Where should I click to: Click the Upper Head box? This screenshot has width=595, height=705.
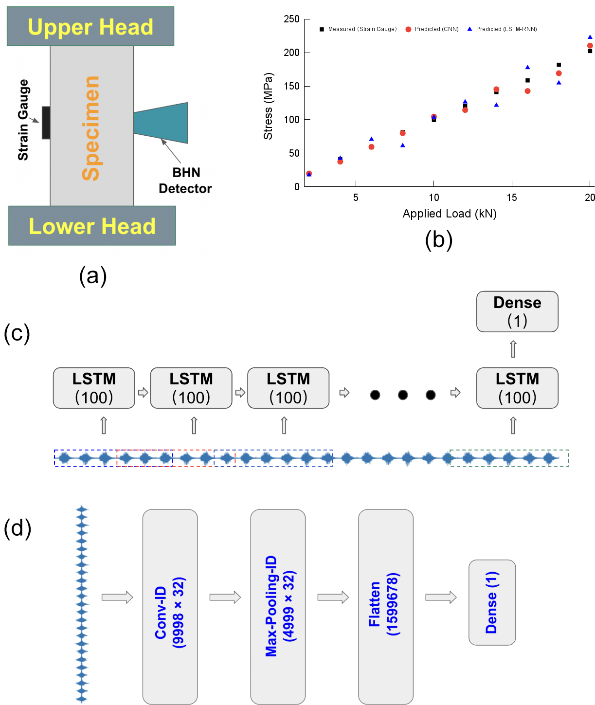coord(90,26)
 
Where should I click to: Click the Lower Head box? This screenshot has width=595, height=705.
coord(92,226)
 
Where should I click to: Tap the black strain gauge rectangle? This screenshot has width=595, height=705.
coord(46,123)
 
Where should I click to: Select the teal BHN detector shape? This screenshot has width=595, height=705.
coord(163,123)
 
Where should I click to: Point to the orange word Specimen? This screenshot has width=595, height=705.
coord(91,128)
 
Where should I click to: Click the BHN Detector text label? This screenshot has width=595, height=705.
coord(185,181)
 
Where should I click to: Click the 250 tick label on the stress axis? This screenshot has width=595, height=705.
coord(291,19)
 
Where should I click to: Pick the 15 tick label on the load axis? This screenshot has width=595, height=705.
coord(511,198)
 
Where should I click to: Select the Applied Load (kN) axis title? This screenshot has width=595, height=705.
coord(450,214)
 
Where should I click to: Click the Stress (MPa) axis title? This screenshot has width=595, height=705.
coord(268,106)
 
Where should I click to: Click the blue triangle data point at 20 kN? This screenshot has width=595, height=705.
coord(590,37)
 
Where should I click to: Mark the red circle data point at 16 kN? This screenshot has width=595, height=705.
coord(527,91)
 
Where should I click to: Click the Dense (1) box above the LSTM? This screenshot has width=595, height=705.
coord(517,311)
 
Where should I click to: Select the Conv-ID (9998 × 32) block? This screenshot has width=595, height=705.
coord(170,606)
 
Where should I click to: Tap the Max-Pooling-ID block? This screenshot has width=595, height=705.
coord(278,606)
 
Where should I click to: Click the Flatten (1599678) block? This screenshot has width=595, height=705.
coord(386,606)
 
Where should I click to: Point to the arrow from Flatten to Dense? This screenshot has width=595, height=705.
coord(441,597)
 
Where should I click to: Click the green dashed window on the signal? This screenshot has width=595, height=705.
coord(509,458)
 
